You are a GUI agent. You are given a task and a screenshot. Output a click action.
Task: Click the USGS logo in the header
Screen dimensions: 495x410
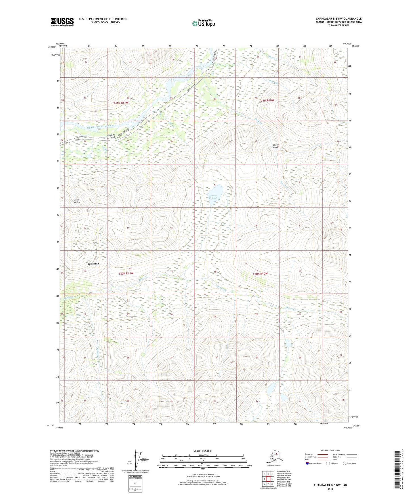[62, 22]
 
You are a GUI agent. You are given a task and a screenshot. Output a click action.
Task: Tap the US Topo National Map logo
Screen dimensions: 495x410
[203, 23]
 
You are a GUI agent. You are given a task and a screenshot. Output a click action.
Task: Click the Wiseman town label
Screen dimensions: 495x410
[93, 264]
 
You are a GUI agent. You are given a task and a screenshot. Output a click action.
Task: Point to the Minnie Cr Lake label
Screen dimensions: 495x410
[213, 197]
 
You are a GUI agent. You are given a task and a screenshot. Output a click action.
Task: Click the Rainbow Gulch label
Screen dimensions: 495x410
[111, 136]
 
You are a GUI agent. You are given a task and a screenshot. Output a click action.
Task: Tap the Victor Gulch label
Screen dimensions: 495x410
[276, 146]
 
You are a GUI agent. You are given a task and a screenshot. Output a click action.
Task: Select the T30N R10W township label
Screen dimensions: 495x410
[260, 274]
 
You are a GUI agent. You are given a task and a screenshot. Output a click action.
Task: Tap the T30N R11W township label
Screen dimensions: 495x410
[126, 274]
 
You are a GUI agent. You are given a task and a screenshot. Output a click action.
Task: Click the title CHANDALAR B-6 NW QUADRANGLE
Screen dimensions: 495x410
[338, 19]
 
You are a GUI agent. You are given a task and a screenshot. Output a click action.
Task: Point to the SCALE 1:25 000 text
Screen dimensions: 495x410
[203, 451]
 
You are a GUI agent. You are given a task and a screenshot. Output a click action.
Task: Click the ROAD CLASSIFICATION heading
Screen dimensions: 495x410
[330, 450]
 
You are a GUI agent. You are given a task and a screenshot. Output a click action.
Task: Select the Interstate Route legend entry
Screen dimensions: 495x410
[314, 463]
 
